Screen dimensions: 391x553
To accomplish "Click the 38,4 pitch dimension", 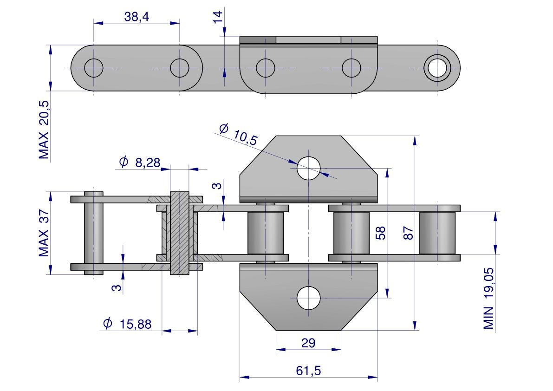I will [137, 17].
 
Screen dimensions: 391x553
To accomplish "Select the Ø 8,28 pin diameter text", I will [139, 162].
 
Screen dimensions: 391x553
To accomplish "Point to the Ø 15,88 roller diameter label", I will [127, 324].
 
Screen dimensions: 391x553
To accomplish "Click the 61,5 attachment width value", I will [308, 371].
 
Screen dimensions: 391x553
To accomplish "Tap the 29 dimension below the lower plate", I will [308, 343].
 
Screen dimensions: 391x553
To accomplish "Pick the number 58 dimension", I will [380, 233].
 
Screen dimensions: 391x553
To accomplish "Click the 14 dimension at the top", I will [218, 17].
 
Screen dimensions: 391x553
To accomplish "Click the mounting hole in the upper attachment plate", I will [309, 168].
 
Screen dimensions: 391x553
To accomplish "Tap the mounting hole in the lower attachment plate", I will [309, 298].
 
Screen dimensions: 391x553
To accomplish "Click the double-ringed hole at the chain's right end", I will [437, 68].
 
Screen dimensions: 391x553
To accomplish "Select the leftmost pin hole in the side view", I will [94, 68].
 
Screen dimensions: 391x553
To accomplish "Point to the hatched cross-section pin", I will [180, 233].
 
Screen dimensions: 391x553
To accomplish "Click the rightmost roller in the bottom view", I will [438, 233].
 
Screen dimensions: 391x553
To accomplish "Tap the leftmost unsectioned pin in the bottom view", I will [94, 233].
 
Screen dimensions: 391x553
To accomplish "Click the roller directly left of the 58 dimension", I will [351, 233].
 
